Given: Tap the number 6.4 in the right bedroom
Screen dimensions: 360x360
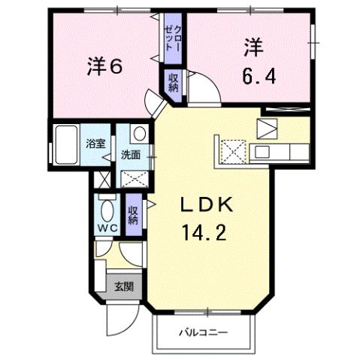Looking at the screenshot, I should [253, 75].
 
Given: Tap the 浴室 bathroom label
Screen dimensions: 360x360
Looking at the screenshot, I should [95, 144].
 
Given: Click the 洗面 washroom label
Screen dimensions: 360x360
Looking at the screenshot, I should [132, 155].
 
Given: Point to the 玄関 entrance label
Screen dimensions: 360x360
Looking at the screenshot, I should [124, 286].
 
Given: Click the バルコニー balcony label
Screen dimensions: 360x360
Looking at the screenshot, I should [202, 331].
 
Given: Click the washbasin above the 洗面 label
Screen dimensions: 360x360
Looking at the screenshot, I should [138, 134].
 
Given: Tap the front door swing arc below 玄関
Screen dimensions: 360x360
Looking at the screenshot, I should [116, 319].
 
